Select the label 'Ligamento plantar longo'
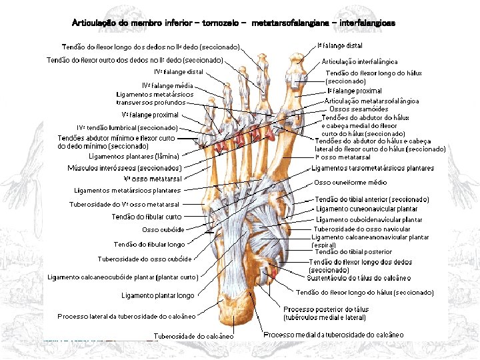click(158, 295)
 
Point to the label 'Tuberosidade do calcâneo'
click(194, 336)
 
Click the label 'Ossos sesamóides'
click(359, 109)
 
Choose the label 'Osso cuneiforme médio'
click(350, 182)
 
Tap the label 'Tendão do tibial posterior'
click(353, 252)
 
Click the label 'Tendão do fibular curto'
click(147, 217)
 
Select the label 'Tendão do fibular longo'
click(149, 245)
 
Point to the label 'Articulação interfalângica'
click(359, 62)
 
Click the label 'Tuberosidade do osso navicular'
click(362, 229)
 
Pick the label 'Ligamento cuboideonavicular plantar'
click(369, 219)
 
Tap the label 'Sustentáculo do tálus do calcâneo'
click(359, 277)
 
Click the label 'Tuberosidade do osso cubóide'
click(145, 259)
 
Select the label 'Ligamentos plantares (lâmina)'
click(133, 157)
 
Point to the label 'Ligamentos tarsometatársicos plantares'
click(373, 168)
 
